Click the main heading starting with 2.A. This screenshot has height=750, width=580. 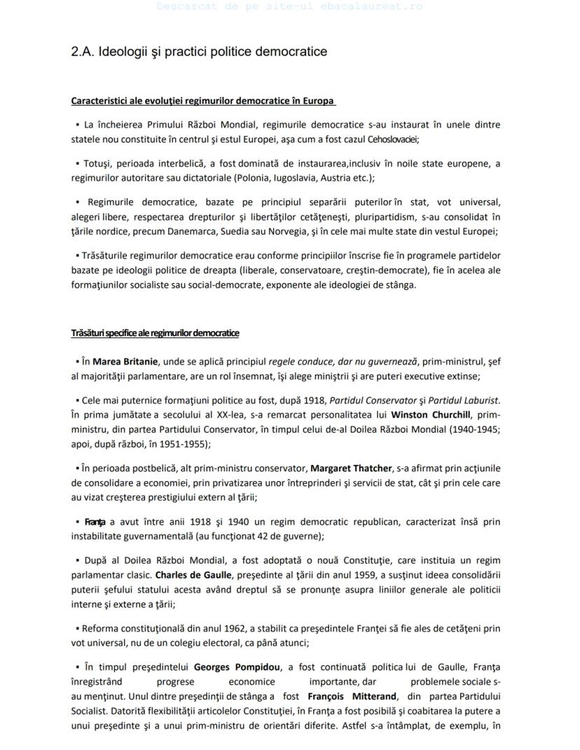[199, 52]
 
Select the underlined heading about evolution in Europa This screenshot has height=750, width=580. [202, 101]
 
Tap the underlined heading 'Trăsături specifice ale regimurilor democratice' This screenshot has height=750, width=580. [155, 333]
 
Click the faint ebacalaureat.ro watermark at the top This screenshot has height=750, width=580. [289, 6]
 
